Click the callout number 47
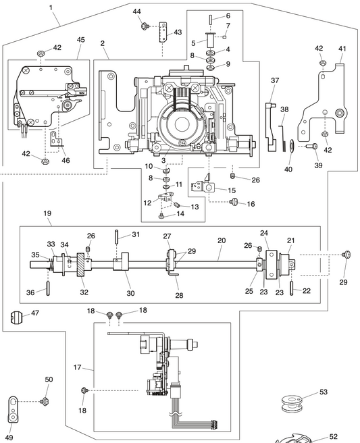35,313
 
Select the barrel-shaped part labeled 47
16,317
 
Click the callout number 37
275,80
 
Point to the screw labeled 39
312,146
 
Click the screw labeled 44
145,26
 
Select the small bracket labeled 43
163,32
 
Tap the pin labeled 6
211,19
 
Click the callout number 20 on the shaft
222,240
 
